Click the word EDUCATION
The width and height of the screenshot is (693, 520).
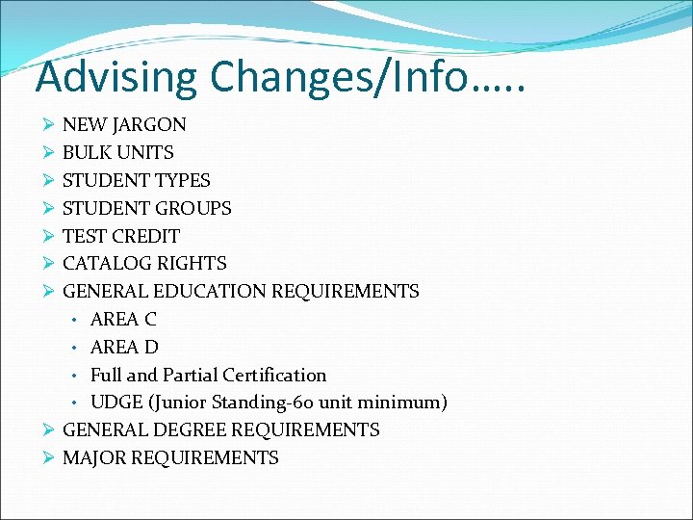coord(211,291)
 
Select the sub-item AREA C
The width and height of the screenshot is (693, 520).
coord(123,319)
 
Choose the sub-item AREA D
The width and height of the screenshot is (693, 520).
coord(124,347)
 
